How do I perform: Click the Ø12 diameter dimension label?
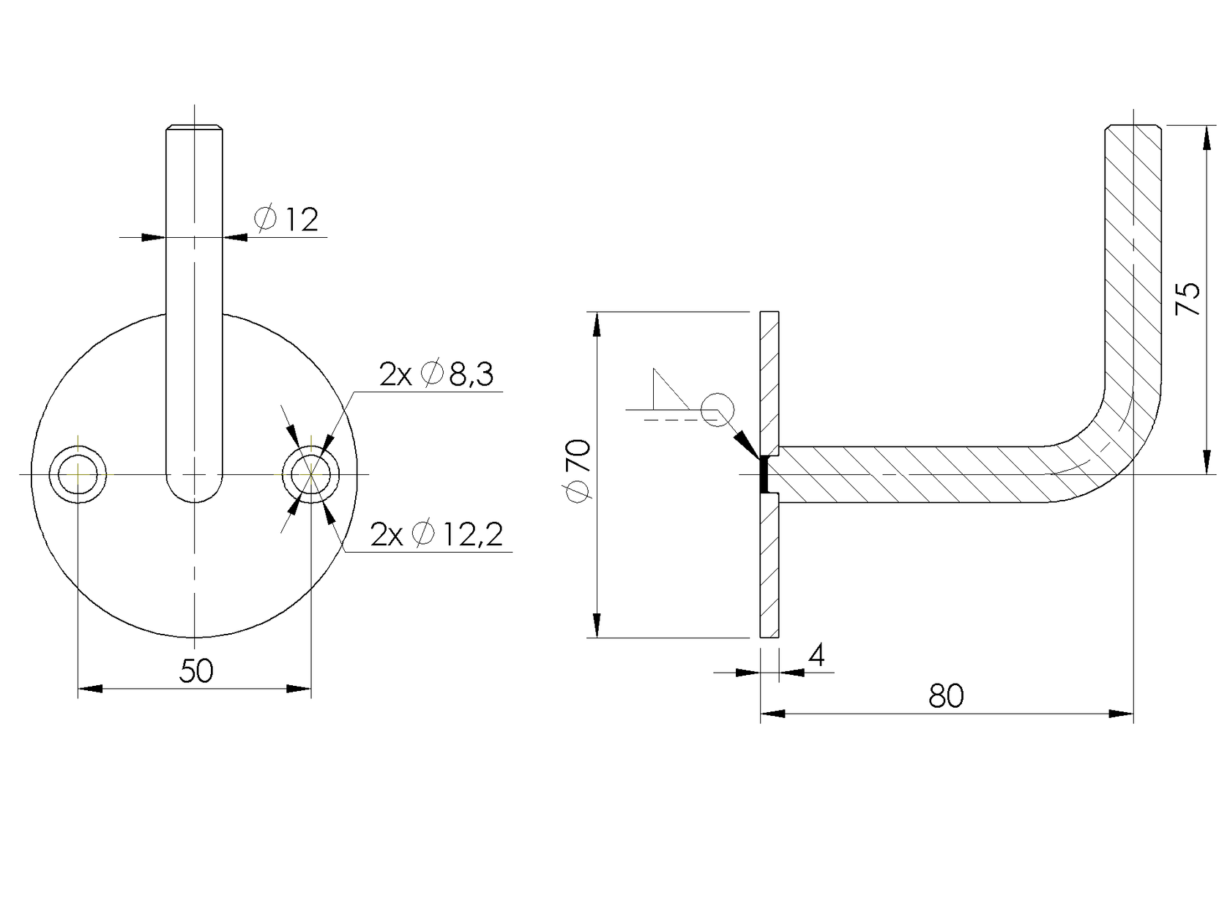(287, 219)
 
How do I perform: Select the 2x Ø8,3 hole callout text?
(436, 374)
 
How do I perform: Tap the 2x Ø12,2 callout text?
(436, 534)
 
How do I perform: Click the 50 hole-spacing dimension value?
(196, 670)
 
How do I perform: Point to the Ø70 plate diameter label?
(578, 471)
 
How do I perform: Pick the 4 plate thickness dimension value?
(816, 656)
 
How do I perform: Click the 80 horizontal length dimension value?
(946, 696)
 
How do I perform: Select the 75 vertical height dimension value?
(1188, 299)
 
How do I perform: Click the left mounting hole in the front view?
(78, 474)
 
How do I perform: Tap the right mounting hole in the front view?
(311, 474)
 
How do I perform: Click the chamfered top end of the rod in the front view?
(194, 130)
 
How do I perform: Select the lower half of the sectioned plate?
(769, 567)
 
